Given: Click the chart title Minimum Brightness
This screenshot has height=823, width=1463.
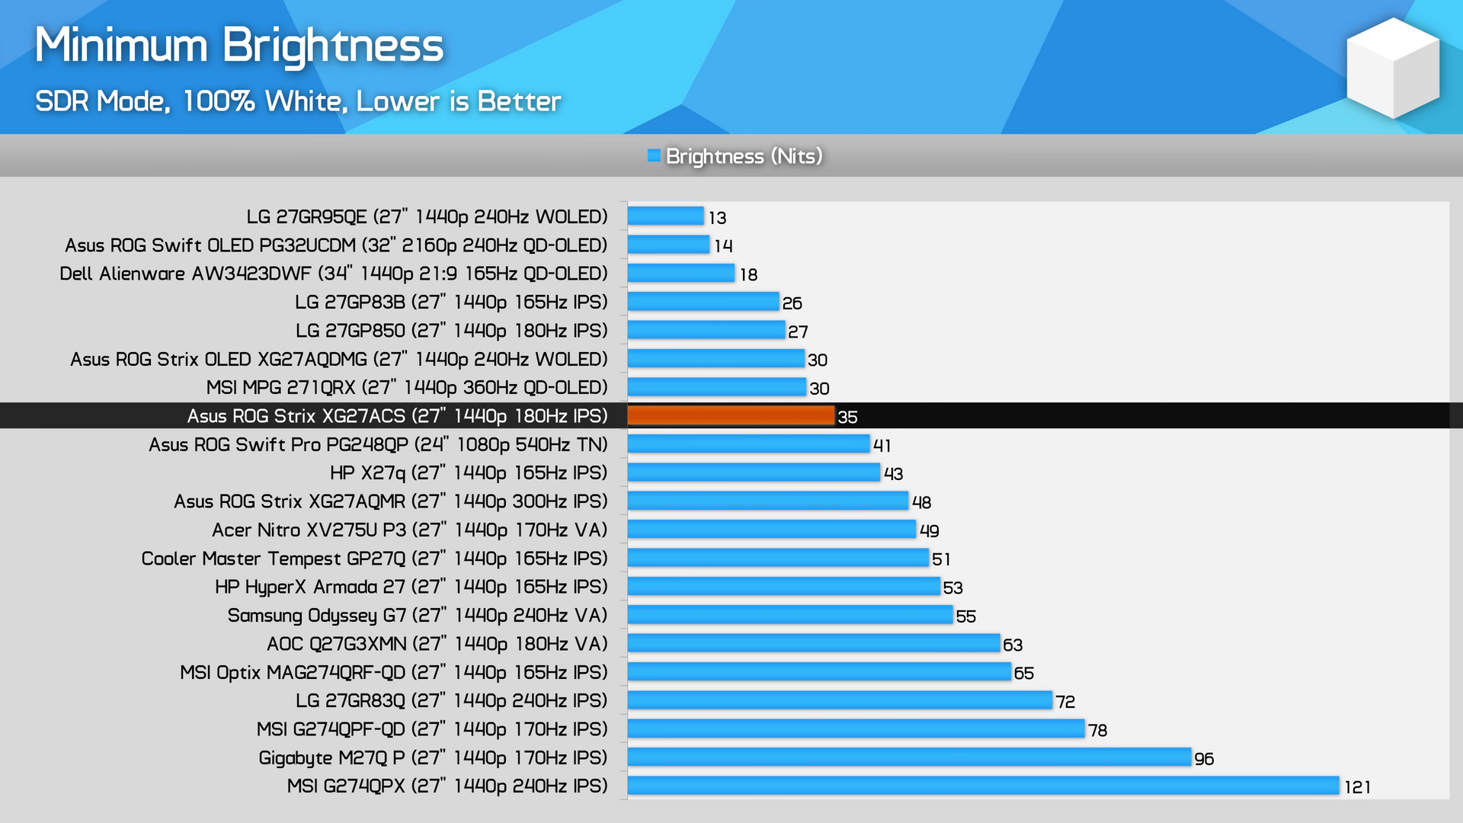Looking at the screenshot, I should coord(239,46).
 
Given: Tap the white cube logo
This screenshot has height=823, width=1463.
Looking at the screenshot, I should coord(1393,69).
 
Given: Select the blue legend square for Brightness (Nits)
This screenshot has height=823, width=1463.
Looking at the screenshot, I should coord(654,156).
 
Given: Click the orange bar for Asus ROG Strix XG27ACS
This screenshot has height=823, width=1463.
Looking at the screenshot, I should coord(731,415).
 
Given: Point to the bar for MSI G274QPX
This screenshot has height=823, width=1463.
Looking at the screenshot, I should coord(983,786).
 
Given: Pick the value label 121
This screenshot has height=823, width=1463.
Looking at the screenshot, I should coord(1357,787).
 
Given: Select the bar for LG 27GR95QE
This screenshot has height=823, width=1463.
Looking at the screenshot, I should coord(665,216).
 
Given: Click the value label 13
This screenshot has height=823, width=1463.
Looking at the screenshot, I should coord(717,218).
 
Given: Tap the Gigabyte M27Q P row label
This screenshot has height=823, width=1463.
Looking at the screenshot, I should coord(433,757).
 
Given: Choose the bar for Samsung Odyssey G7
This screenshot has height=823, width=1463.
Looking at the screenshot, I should coord(789,615).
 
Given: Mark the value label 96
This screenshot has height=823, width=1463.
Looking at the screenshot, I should coord(1204,759).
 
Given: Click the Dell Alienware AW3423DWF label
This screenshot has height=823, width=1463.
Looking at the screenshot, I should coord(334,274).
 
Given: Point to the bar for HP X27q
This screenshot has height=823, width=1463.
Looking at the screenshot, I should coord(754,472).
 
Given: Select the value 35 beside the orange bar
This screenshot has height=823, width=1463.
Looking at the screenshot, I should coord(847,417).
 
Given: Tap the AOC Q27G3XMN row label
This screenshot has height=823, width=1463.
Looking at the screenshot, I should coord(437,644).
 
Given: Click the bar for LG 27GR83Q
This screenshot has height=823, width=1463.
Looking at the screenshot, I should coord(840,700).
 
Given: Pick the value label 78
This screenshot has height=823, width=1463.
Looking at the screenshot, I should coord(1097,730).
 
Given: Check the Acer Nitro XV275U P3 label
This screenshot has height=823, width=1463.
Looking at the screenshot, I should coord(410,530).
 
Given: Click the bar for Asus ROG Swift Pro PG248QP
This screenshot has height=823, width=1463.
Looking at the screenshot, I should coord(748,444).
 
